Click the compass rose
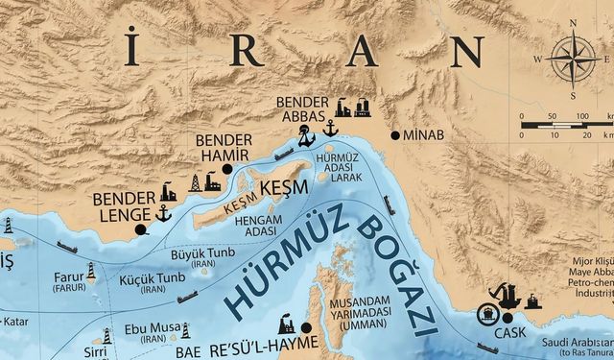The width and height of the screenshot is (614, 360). (x=573, y=57)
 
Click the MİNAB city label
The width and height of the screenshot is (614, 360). (x=425, y=135)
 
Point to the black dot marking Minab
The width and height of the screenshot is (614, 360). (x=394, y=135)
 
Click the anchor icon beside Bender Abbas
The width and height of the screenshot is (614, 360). (x=329, y=129)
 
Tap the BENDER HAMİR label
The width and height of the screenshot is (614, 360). (x=223, y=147)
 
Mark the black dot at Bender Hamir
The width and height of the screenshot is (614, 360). (x=227, y=169)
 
